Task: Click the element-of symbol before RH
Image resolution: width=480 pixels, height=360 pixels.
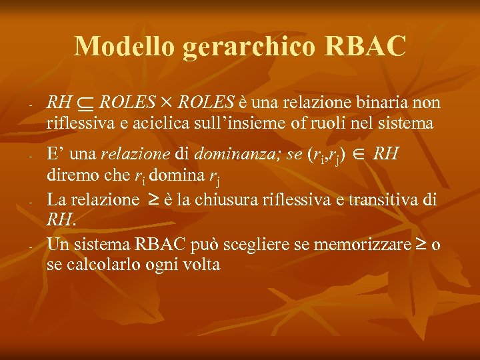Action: (x=358, y=155)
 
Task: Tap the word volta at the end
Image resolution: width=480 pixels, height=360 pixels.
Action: (x=203, y=264)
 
